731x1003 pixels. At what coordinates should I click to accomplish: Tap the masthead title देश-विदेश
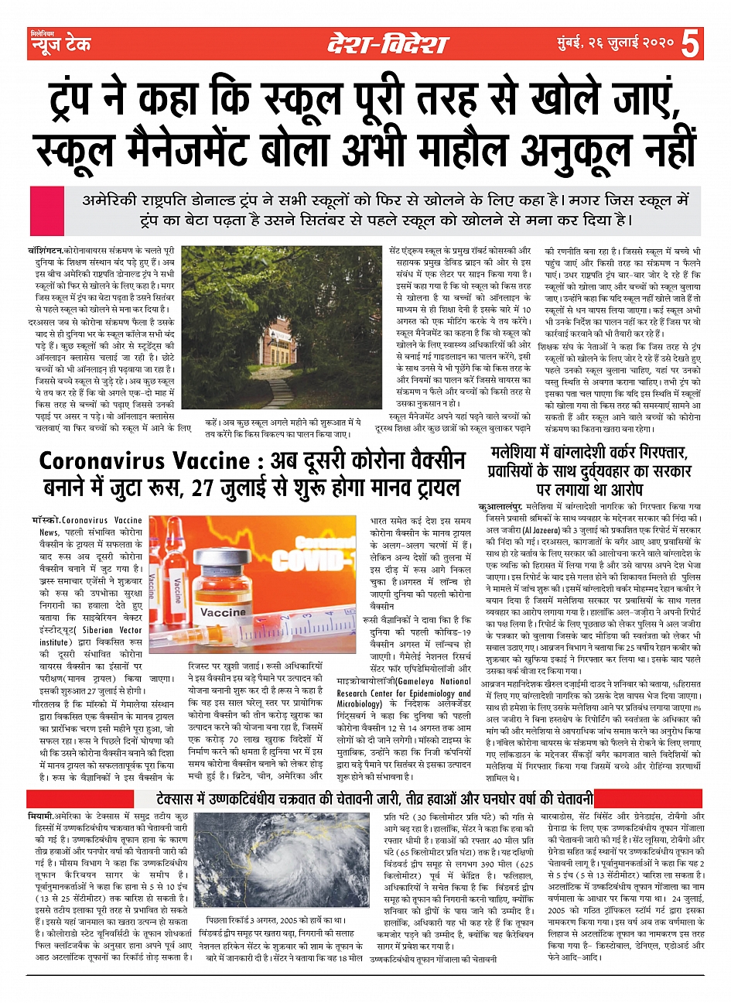point(386,45)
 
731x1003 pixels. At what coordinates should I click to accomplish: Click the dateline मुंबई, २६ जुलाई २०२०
point(616,45)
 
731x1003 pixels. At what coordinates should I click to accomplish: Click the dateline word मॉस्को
point(45,520)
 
